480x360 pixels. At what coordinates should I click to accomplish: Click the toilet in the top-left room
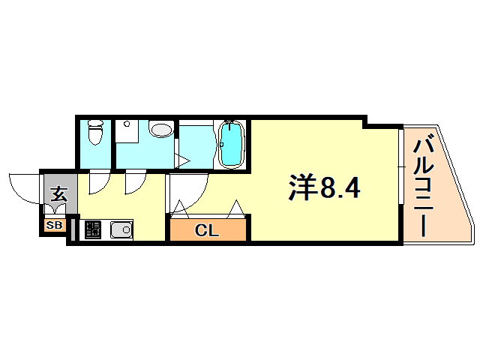click(x=95, y=132)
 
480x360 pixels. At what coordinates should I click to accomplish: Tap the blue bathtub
click(x=232, y=144)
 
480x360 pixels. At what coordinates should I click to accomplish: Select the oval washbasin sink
click(x=160, y=129)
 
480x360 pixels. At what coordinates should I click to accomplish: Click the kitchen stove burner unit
click(x=93, y=229)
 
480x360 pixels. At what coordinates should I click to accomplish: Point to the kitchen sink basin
click(x=121, y=229)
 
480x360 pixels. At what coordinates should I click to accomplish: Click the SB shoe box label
click(x=54, y=226)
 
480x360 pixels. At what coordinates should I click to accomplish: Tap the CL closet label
click(x=207, y=230)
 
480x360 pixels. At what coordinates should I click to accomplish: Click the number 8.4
click(x=340, y=187)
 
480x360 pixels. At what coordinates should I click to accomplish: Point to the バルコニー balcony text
click(x=424, y=187)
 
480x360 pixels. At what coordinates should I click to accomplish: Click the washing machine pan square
click(x=127, y=131)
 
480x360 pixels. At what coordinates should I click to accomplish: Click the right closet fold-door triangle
click(x=236, y=209)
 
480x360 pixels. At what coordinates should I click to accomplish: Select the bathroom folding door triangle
click(x=182, y=160)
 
